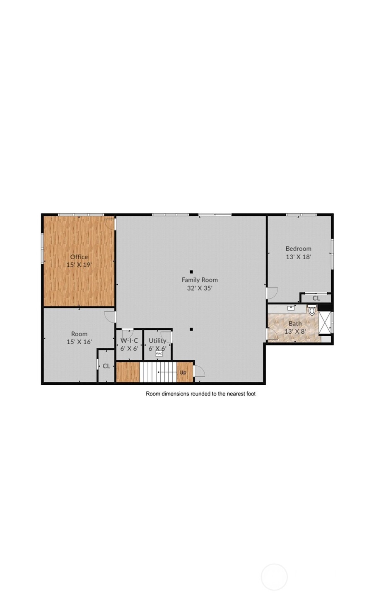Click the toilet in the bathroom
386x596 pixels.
312,311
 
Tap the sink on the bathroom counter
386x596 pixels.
291,308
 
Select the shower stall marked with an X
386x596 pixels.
325,322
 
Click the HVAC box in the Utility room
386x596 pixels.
159,353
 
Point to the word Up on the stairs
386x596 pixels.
183,372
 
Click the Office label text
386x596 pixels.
79,257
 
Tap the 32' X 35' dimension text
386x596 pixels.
200,288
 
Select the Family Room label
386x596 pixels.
200,280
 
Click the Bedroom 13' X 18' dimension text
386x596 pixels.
298,257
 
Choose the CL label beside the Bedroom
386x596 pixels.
316,298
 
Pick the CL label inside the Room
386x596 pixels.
106,366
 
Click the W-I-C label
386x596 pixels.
129,340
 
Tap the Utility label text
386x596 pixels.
157,340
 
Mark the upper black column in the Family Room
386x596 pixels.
191,272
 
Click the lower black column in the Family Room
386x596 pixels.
191,330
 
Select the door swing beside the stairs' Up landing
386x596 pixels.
199,372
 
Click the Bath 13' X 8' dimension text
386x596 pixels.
295,331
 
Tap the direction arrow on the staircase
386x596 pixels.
166,372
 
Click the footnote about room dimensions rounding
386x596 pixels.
200,394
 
